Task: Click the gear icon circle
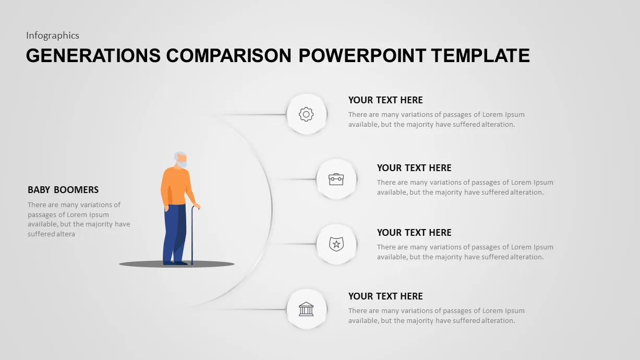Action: pyautogui.click(x=306, y=114)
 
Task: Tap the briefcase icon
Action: pyautogui.click(x=336, y=179)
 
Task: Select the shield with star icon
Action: pyautogui.click(x=336, y=244)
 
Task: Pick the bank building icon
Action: pyautogui.click(x=306, y=309)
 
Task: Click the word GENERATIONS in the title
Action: pyautogui.click(x=93, y=55)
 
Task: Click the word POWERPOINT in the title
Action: pyautogui.click(x=362, y=55)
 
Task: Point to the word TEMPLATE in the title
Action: pyautogui.click(x=481, y=55)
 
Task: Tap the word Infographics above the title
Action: pyautogui.click(x=53, y=35)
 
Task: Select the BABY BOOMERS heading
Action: pyautogui.click(x=63, y=190)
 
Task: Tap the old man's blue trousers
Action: pyautogui.click(x=174, y=232)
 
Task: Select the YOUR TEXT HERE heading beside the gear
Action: pyautogui.click(x=385, y=100)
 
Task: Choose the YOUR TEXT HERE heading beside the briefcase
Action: pyautogui.click(x=414, y=168)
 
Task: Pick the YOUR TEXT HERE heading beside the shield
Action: pyautogui.click(x=414, y=233)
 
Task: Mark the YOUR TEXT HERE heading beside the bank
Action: pyautogui.click(x=385, y=296)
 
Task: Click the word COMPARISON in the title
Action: pyautogui.click(x=230, y=55)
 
